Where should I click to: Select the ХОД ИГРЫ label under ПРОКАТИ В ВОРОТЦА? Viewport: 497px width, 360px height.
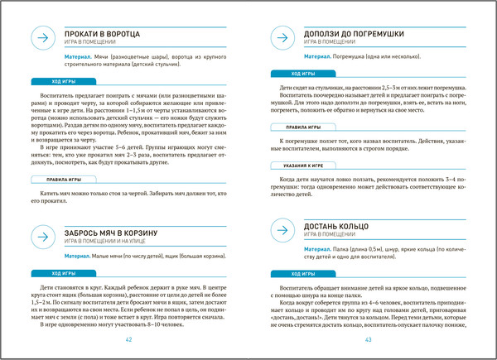pos(64,83)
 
